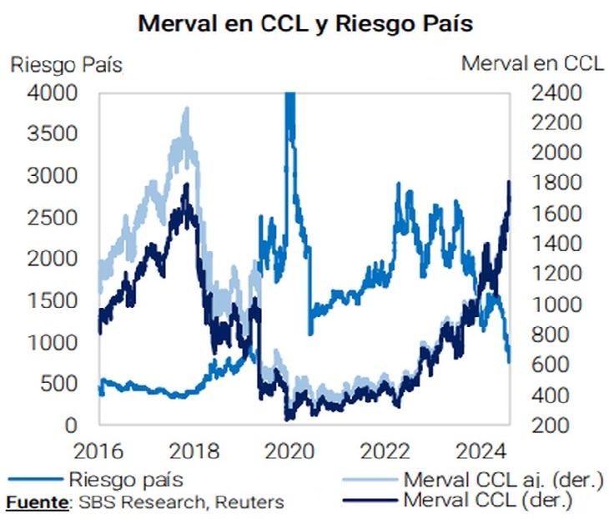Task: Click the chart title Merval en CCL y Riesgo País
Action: point(305,23)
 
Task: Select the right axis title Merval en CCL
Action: point(532,64)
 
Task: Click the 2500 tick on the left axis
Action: point(54,218)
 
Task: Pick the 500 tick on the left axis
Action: point(60,384)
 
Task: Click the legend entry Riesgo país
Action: point(126,480)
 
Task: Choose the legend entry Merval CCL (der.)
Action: point(488,501)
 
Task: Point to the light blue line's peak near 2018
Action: point(185,109)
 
